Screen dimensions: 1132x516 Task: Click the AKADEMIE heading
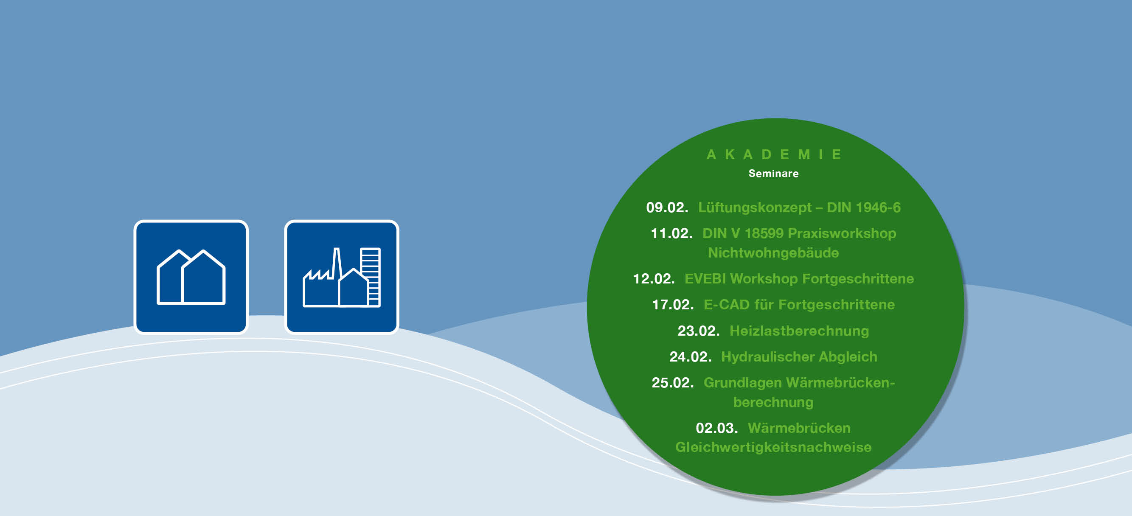(x=774, y=154)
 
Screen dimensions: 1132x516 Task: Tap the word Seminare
(x=773, y=174)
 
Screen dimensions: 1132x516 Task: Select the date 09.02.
(x=667, y=207)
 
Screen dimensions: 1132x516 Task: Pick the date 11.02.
(x=671, y=233)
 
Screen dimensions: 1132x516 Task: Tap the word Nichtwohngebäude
(x=773, y=253)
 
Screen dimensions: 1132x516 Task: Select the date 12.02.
(x=654, y=279)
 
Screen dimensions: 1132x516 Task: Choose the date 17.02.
(x=673, y=305)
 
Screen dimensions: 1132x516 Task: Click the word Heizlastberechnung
(x=799, y=331)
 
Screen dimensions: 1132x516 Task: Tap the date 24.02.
(x=690, y=357)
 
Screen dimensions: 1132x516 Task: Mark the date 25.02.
(x=673, y=383)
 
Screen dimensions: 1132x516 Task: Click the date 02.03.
(x=717, y=428)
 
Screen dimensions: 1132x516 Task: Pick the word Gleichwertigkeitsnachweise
(x=773, y=448)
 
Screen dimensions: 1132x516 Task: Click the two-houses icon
(x=191, y=277)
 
